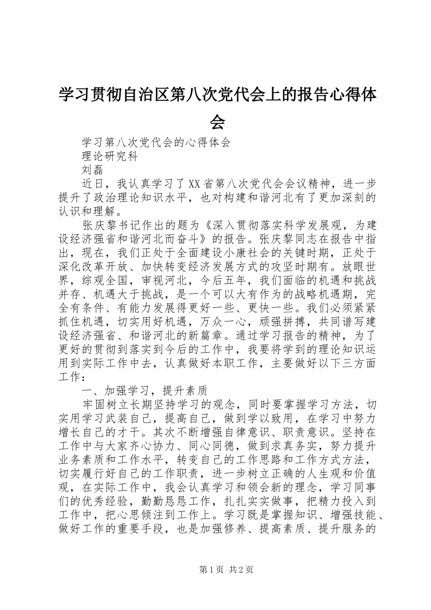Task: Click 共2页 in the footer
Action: click(241, 570)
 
